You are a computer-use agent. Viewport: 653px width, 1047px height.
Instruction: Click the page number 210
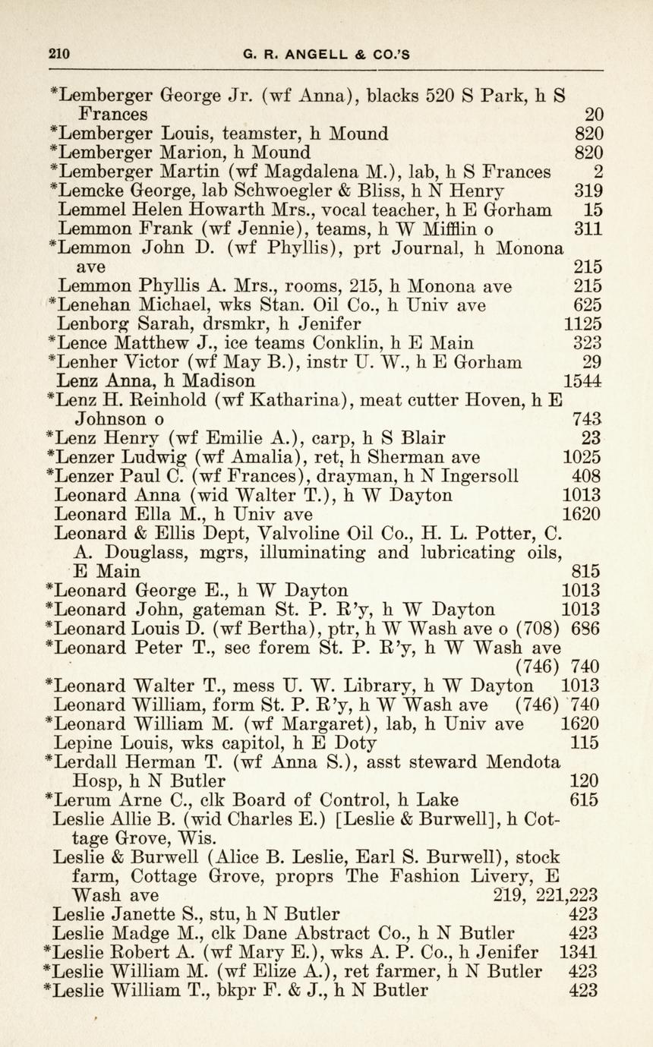[59, 53]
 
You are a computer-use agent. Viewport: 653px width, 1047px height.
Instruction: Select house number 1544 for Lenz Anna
[582, 380]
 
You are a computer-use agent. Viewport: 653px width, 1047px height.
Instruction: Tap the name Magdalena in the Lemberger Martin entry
[339, 172]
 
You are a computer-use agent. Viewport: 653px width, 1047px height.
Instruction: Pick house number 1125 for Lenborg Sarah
[583, 324]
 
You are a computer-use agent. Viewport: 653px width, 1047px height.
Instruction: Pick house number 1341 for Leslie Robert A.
[578, 952]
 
